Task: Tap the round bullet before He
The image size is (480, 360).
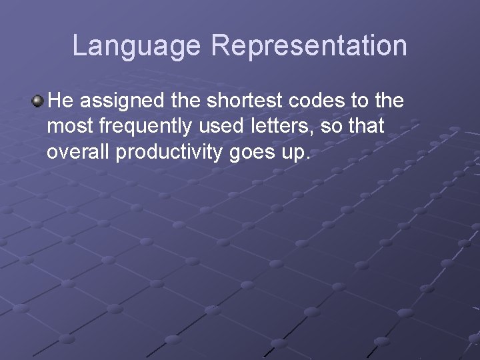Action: point(38,101)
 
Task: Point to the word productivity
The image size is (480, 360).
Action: point(169,152)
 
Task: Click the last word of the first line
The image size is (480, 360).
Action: point(389,101)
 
